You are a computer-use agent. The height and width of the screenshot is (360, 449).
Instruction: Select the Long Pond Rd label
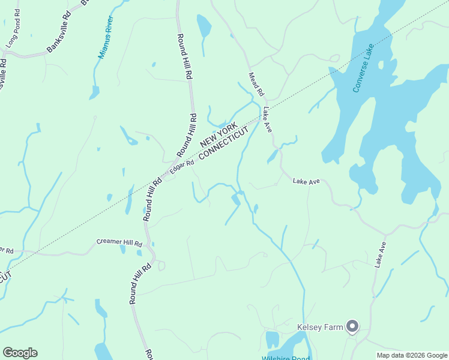pyautogui.click(x=13, y=35)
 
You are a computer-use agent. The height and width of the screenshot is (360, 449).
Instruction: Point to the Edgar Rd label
pyautogui.click(x=182, y=167)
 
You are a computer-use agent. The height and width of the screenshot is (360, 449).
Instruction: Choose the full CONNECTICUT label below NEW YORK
pyautogui.click(x=223, y=143)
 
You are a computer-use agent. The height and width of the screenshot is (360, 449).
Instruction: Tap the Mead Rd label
pyautogui.click(x=256, y=85)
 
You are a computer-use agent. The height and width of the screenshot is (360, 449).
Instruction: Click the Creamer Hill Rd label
pyautogui.click(x=119, y=244)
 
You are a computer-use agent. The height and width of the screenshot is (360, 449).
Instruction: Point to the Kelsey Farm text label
pyautogui.click(x=319, y=328)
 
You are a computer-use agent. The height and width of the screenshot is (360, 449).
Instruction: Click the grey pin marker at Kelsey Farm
pyautogui.click(x=352, y=326)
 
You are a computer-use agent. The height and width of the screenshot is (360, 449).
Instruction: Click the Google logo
pyautogui.click(x=20, y=353)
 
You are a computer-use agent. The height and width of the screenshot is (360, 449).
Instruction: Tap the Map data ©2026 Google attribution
pyautogui.click(x=412, y=355)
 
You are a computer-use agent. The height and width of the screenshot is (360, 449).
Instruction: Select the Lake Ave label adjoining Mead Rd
pyautogui.click(x=268, y=120)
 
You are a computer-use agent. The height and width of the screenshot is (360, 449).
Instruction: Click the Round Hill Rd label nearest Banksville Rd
pyautogui.click(x=184, y=57)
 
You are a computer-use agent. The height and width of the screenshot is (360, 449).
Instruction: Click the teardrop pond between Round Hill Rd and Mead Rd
pyautogui.click(x=204, y=26)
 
